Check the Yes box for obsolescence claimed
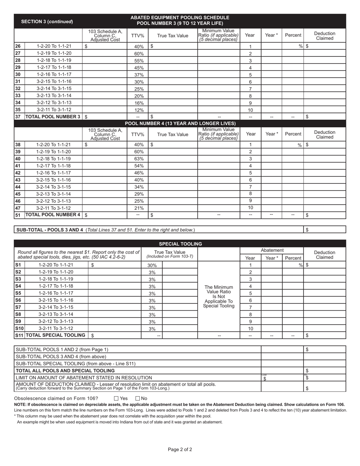click(116, 398)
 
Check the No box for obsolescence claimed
click(138, 398)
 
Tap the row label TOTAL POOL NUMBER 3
click(53, 117)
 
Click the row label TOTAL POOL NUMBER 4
click(53, 215)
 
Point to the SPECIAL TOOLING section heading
click(180, 244)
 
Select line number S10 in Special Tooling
click(19, 328)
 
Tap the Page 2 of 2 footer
click(180, 450)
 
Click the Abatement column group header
click(272, 250)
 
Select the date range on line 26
click(53, 46)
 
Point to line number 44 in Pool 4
click(18, 187)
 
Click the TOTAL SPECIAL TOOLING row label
click(55, 335)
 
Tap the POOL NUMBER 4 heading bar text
click(180, 124)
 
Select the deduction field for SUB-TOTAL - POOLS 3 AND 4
click(325, 230)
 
